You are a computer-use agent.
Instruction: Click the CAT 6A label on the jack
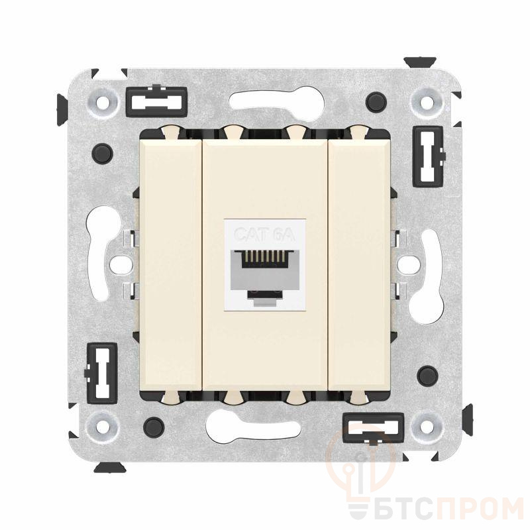coord(265,234)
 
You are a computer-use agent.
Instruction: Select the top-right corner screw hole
coord(427,102)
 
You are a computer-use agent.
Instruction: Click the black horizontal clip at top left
coord(156,101)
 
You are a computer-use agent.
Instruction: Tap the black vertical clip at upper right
coord(428,156)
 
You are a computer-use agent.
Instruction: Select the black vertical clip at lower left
coord(101,372)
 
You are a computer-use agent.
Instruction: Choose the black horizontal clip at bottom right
coord(373,427)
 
